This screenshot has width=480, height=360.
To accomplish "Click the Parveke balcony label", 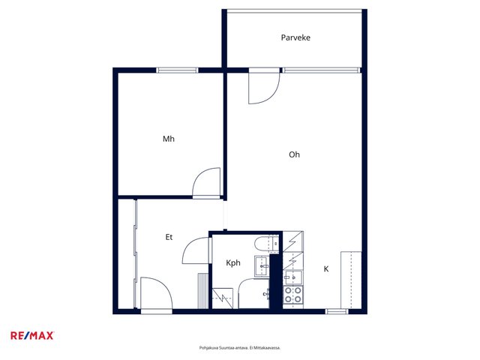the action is coord(295,37).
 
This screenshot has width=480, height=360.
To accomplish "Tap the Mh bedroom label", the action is coord(168,139).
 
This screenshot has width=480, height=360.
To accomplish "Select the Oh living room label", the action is coord(294,154).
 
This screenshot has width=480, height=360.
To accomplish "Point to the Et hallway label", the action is coord(169,237).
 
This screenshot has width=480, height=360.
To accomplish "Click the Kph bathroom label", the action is coord(233,263).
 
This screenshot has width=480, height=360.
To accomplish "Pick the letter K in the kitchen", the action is coord(326,268).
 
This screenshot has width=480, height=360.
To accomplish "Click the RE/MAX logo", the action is coord(32,335).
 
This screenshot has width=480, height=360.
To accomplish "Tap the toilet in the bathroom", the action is coord(266,244).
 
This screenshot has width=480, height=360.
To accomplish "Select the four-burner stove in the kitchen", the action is coord(293,294).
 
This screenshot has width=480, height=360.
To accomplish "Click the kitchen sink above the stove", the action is coord(292,277).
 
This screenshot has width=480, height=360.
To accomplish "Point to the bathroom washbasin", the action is coord(262,266).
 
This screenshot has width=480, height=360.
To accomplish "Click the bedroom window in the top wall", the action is coord(177,70).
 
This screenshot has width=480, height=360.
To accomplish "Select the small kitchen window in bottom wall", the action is coord(337,311).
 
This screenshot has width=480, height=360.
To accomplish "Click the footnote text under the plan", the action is coord(240,348).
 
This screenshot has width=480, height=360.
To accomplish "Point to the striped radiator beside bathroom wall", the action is coord(202,291).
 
